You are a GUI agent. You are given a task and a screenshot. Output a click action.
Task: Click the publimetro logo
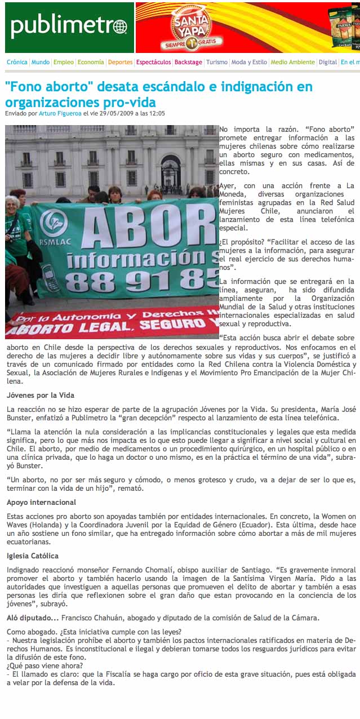tap(69, 26)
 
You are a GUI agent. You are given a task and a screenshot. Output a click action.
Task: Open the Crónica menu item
tap(17, 63)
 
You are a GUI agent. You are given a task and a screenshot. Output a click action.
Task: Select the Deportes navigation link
tap(120, 63)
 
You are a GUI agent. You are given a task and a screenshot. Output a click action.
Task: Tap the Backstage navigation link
tap(188, 63)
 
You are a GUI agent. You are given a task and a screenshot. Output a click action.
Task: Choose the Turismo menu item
tap(217, 63)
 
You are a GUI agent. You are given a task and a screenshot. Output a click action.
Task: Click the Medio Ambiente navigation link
tap(292, 63)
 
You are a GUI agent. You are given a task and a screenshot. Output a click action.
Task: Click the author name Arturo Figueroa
tap(60, 113)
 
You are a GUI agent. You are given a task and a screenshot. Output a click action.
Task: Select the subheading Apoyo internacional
tap(41, 502)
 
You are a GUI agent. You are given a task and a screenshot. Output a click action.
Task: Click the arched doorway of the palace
tap(171, 171)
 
